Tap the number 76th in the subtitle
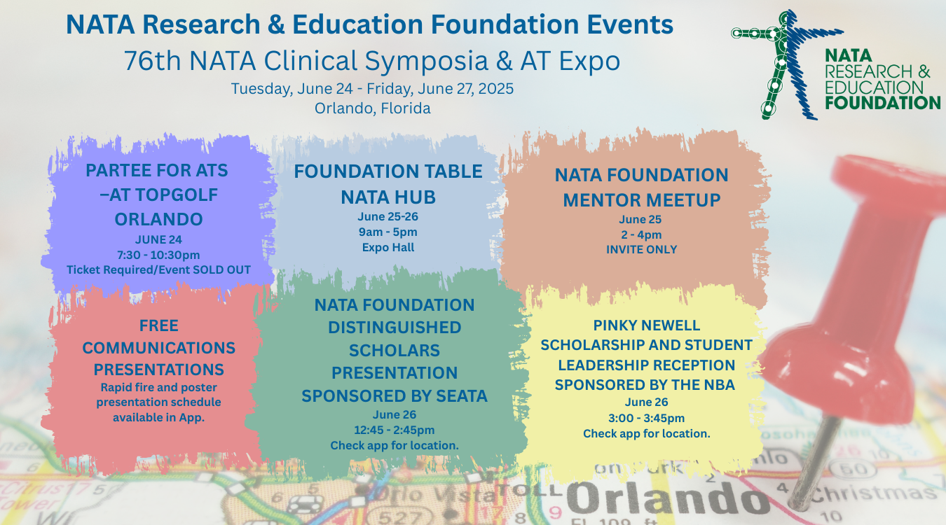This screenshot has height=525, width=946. [146, 62]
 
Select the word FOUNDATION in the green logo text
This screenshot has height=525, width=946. [882, 103]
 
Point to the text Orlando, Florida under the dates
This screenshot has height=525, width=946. [372, 108]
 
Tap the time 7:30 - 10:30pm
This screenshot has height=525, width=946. [158, 255]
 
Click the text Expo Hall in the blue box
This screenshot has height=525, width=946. [388, 246]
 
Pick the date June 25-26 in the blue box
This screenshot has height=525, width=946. [388, 216]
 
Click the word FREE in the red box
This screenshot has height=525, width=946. [159, 325]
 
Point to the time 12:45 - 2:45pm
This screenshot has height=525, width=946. [395, 430]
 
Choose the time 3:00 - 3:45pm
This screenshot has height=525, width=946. [646, 418]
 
